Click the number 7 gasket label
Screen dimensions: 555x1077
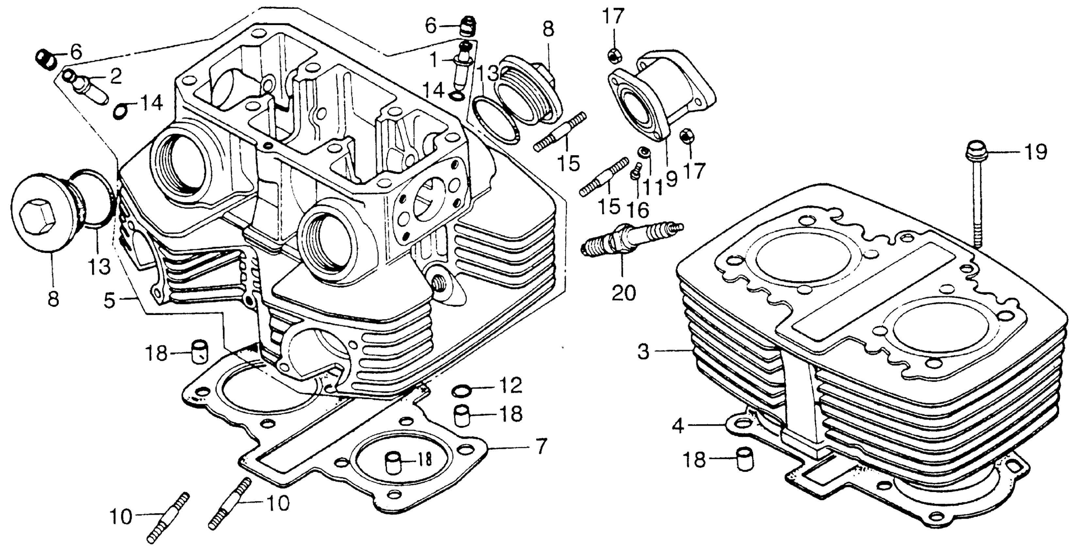[x=541, y=446]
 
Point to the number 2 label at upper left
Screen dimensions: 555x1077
[x=115, y=76]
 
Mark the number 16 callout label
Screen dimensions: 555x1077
[x=637, y=209]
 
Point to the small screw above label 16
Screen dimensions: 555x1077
[x=635, y=171]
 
